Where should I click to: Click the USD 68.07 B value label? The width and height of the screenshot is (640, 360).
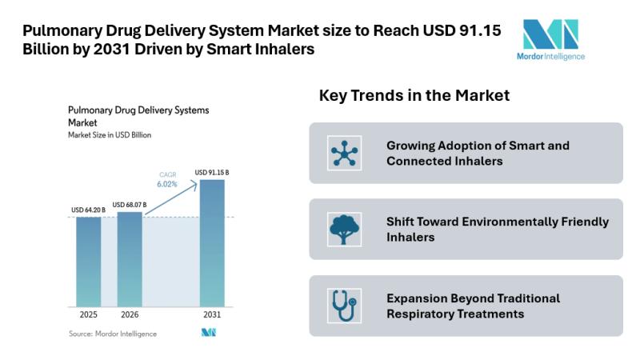130,205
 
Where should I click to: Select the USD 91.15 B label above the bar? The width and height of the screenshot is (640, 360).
214,172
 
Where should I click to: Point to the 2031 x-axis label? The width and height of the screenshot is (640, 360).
212,314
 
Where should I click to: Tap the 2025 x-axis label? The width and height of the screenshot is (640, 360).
88,314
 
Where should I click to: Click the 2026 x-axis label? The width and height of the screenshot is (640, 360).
130,314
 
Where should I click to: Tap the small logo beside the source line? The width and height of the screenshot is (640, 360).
209,333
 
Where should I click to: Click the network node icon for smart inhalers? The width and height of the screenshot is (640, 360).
345,153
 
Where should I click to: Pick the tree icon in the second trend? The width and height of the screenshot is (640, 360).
345,230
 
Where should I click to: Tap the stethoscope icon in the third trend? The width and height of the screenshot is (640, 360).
345,306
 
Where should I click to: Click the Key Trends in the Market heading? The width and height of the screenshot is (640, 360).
414,96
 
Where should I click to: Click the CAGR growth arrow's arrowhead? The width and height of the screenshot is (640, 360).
196,184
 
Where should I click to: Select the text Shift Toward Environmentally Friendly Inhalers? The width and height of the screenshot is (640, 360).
497,229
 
